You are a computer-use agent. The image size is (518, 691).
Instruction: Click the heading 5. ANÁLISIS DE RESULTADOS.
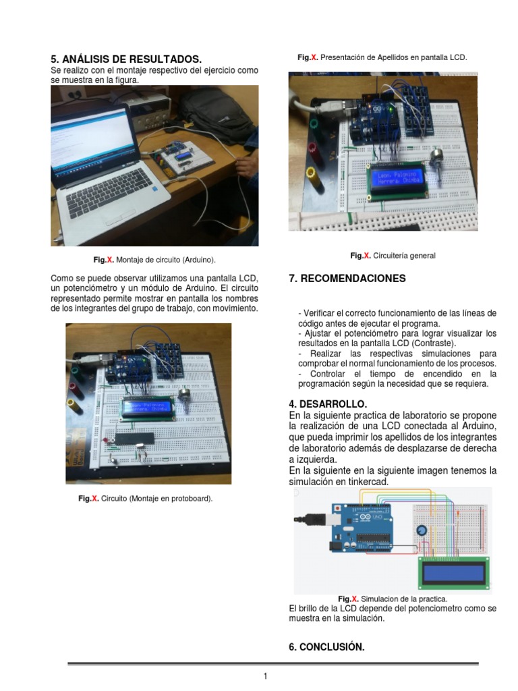126,59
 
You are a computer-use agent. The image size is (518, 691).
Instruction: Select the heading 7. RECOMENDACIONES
347,278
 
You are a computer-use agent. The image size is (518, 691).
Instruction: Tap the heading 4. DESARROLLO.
328,404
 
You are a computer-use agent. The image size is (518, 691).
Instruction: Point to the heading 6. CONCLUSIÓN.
326,646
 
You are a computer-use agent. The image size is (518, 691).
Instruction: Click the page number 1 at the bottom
266,676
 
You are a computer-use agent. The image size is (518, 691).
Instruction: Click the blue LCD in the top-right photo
396,179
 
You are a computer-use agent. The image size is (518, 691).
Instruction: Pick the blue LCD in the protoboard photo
148,408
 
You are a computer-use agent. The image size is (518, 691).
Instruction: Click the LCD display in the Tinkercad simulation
453,574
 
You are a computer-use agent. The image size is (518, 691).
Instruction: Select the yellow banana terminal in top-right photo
312,173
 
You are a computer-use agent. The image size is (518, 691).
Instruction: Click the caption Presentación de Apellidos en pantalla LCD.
382,58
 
